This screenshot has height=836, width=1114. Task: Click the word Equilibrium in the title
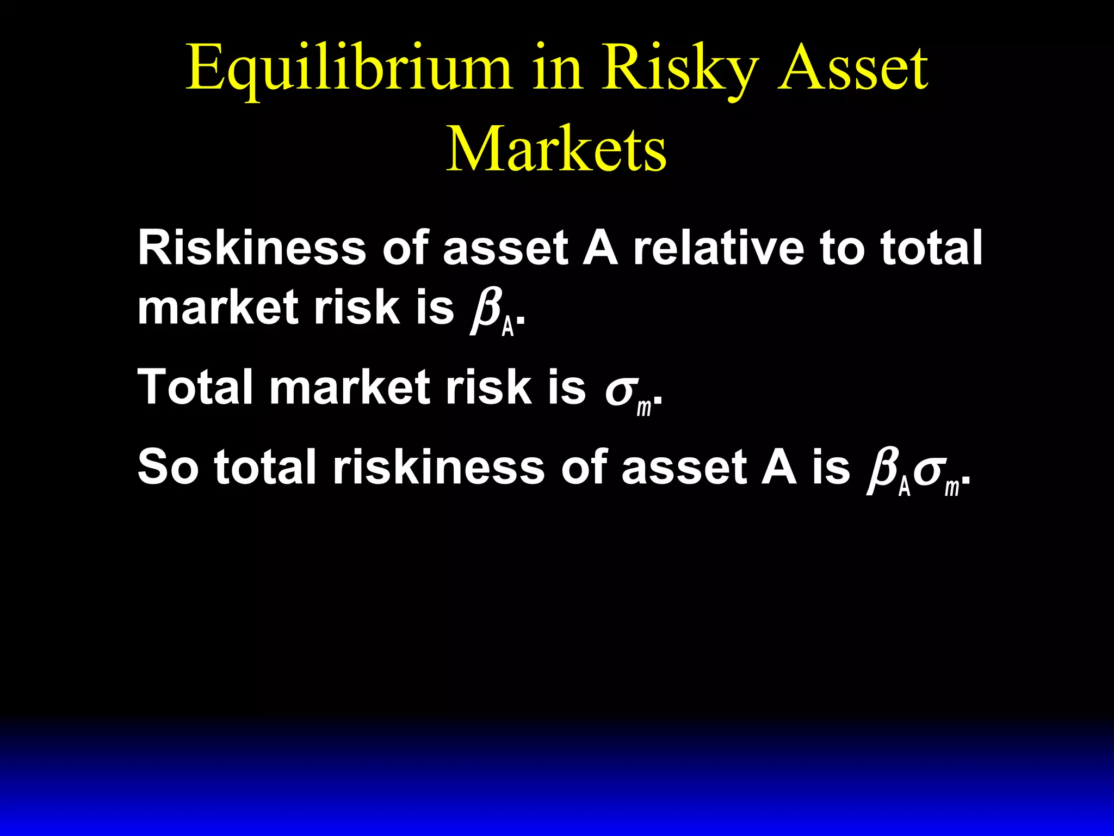349,70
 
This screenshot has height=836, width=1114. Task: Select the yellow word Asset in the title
853,69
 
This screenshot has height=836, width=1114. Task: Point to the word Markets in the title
556,149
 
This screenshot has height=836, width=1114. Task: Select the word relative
719,248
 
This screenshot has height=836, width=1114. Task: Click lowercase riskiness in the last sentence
438,467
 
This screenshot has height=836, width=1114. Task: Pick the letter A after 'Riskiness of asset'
601,248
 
